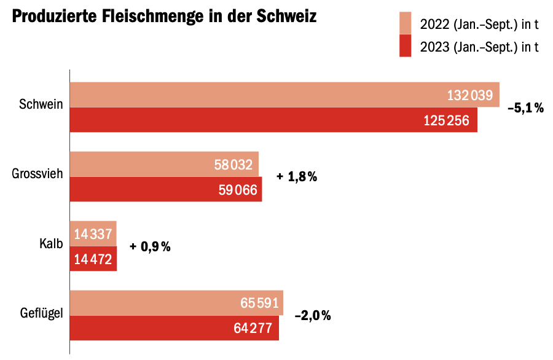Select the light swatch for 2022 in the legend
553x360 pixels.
[405, 23]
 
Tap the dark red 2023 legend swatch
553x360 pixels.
[405, 46]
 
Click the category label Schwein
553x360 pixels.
[41, 104]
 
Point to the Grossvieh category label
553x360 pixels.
[37, 174]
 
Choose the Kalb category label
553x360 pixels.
[52, 245]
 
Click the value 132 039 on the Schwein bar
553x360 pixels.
[470, 95]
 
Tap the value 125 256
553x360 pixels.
[447, 120]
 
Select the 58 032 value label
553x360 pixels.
[234, 165]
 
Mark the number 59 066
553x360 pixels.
[238, 190]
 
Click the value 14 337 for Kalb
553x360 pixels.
[93, 234]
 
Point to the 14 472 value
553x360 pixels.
[93, 260]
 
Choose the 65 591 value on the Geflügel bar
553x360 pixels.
[259, 303]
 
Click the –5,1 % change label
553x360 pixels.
[525, 108]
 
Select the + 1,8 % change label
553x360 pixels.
[297, 177]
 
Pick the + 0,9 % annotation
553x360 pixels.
[150, 247]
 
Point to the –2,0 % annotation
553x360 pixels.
[313, 316]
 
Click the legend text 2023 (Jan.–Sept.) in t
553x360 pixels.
[479, 47]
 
